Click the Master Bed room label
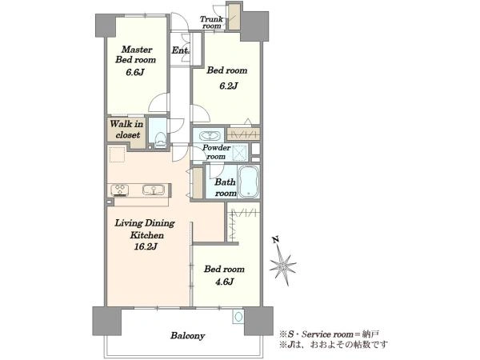tap(136, 54)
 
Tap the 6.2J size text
tap(228, 86)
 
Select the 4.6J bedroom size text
tap(224, 282)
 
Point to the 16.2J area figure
tap(146, 246)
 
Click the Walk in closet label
tap(126, 129)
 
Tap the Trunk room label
tap(211, 22)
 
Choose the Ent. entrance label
tap(180, 50)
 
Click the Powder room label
tap(216, 152)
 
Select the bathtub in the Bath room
tap(249, 182)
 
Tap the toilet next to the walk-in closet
tap(160, 141)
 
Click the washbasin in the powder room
tap(209, 135)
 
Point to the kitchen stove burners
tap(119, 190)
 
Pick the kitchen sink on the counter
tap(154, 190)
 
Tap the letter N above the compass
tap(275, 240)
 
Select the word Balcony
tap(188, 336)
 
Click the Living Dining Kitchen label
tap(145, 229)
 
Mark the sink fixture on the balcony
tap(238, 316)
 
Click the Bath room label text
tap(226, 187)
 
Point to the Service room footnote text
tap(329, 334)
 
